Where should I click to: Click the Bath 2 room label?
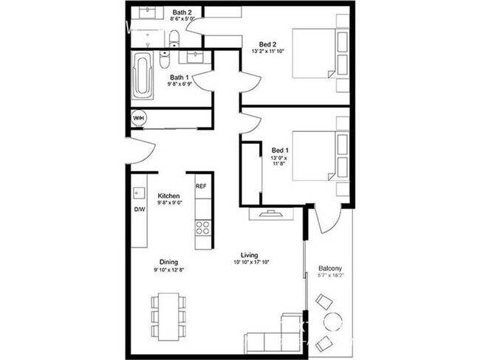182,13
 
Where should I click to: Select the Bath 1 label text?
180,77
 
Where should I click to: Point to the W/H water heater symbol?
139,119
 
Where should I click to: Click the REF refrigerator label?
200,187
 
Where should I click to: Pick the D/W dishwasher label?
140,209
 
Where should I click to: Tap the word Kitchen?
169,195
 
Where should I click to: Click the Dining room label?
169,261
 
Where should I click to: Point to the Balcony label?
330,268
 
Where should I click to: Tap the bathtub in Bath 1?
142,75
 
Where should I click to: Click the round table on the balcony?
333,322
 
